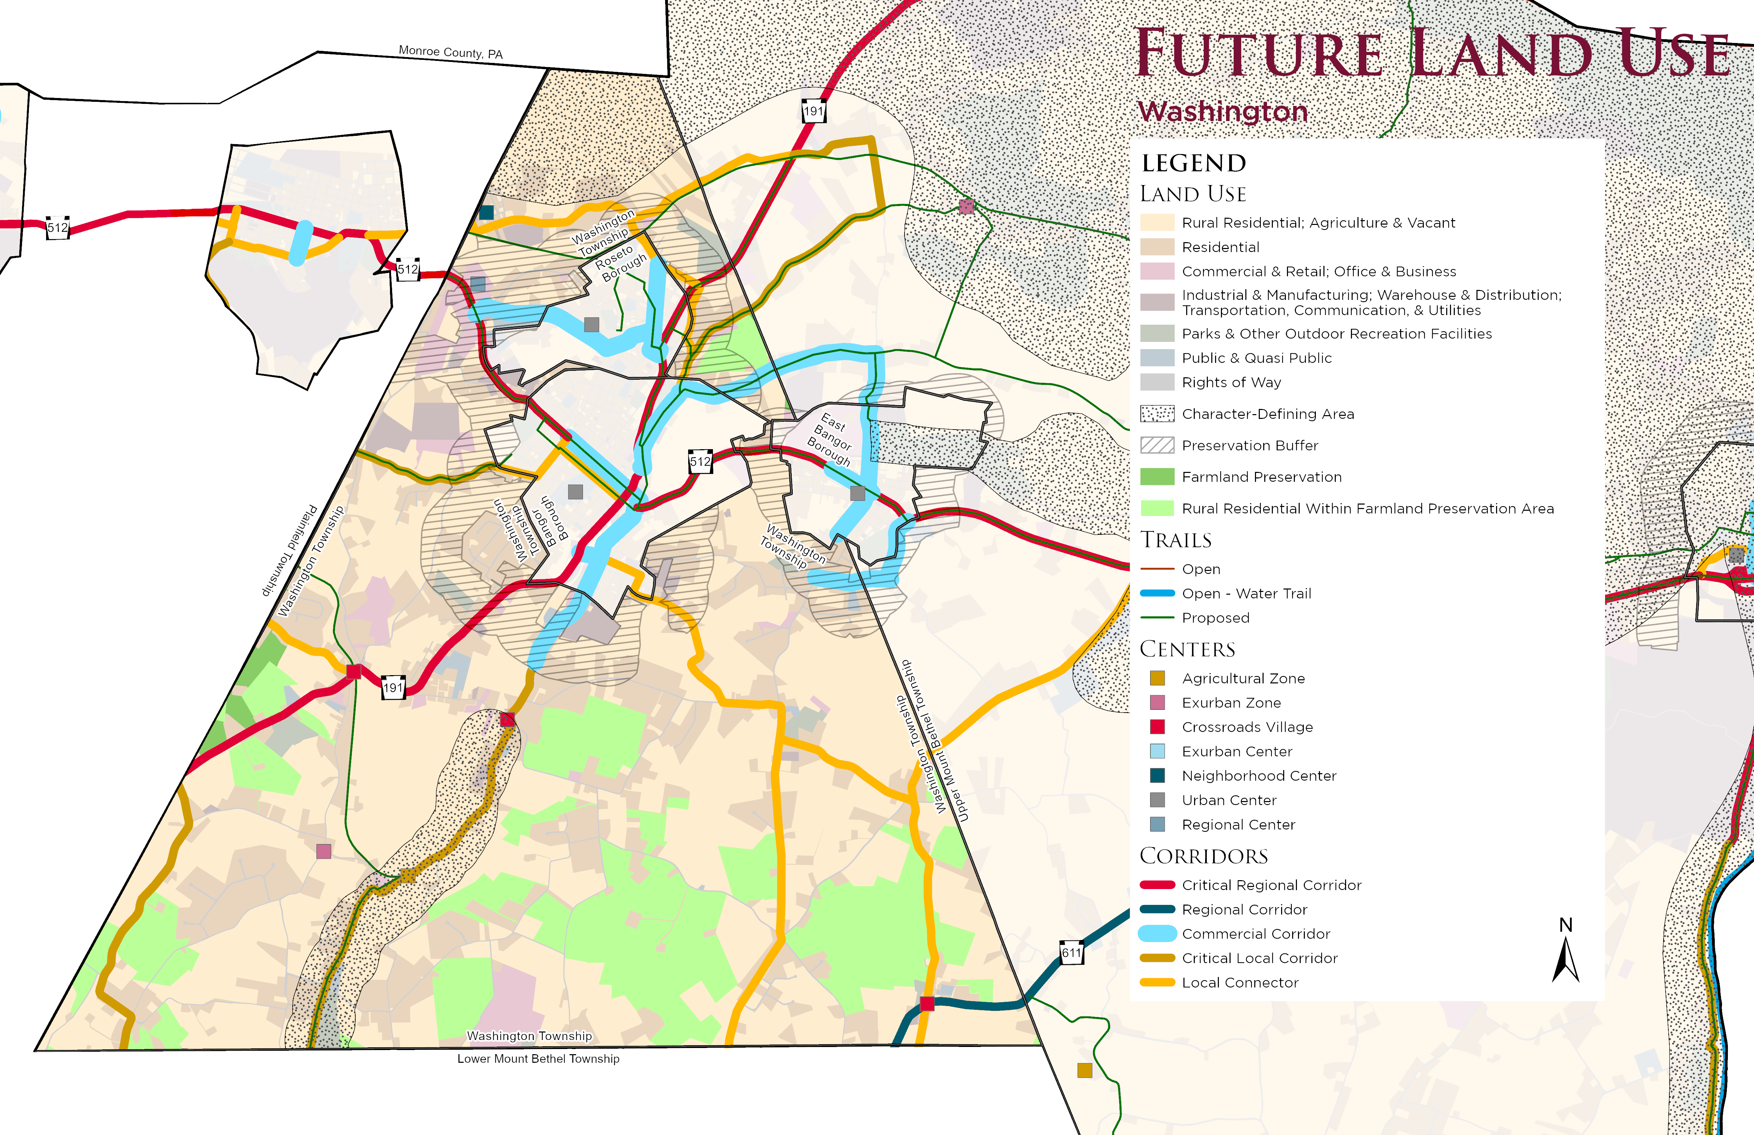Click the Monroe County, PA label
point(450,52)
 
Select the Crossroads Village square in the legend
point(1157,727)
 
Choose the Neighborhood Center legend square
point(1157,775)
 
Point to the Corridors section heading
point(1203,856)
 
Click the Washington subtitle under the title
point(1223,111)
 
